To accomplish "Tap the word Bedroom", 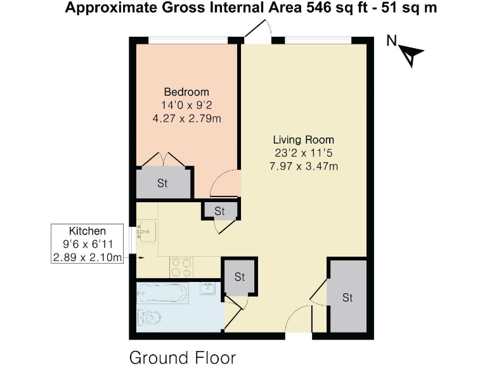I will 186,92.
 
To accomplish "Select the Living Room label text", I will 303,139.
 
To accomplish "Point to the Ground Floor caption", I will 183,357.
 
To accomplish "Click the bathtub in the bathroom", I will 162,293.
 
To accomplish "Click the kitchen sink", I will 145,233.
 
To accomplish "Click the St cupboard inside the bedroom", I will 163,183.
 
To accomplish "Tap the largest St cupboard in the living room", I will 347,297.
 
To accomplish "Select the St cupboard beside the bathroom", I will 240,277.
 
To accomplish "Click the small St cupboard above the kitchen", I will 219,210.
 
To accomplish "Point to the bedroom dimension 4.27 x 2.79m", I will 186,118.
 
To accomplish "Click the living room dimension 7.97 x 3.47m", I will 303,167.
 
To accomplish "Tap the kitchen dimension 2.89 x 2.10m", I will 88,257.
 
